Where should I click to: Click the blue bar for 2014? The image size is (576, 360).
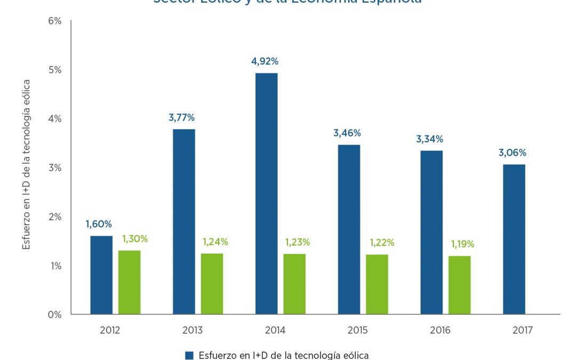click(267, 194)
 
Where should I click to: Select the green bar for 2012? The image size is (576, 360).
click(129, 282)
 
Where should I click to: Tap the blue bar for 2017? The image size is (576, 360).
click(514, 239)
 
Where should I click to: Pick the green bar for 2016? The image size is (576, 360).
click(459, 285)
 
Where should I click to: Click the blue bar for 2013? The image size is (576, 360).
click(184, 221)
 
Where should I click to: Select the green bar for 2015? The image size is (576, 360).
click(377, 284)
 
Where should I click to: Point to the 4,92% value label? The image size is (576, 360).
click(265, 61)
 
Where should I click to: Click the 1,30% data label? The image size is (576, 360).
click(135, 239)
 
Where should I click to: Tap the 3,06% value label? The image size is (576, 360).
click(512, 153)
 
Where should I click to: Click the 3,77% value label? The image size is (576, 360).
click(182, 118)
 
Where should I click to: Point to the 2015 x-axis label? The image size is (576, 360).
click(357, 331)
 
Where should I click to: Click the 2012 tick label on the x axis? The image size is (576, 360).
click(110, 331)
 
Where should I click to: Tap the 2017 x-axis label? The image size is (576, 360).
click(522, 331)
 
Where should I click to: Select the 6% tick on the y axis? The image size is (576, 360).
click(55, 21)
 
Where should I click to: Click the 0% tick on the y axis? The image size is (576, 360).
click(55, 315)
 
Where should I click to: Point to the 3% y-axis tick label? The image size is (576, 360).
click(55, 167)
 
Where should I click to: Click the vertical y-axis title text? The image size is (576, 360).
click(26, 164)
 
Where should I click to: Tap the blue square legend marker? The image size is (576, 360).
click(188, 355)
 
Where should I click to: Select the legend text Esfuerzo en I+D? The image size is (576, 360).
click(283, 355)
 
